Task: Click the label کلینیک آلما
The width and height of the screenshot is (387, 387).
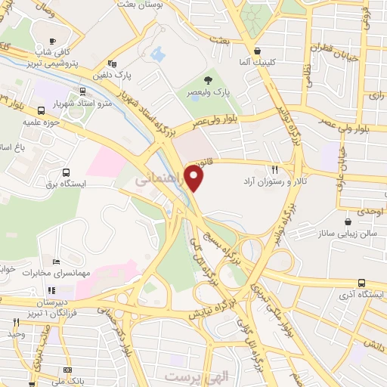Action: (x=255, y=60)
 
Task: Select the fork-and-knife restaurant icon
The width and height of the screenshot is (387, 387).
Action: (x=275, y=171)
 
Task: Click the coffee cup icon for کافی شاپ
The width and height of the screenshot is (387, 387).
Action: (x=52, y=42)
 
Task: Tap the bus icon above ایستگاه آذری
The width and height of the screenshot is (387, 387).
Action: (x=361, y=281)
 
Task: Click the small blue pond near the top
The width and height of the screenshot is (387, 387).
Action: (x=157, y=54)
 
